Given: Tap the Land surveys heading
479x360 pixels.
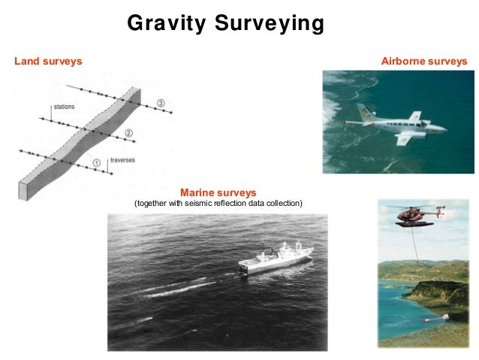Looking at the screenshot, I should (48, 60).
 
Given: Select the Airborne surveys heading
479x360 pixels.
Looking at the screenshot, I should (424, 60).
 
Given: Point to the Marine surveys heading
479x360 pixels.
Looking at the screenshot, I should (218, 192).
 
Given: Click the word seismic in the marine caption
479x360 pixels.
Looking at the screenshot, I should (191, 204).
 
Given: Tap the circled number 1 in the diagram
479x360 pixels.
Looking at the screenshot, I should (95, 162).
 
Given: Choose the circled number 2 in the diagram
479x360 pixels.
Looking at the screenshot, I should (128, 133).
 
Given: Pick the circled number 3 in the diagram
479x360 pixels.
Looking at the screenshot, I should (160, 102).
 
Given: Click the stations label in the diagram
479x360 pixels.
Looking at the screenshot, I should (65, 107).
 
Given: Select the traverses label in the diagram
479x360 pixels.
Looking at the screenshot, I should (122, 160).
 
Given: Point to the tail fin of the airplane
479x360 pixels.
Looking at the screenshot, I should (366, 113).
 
